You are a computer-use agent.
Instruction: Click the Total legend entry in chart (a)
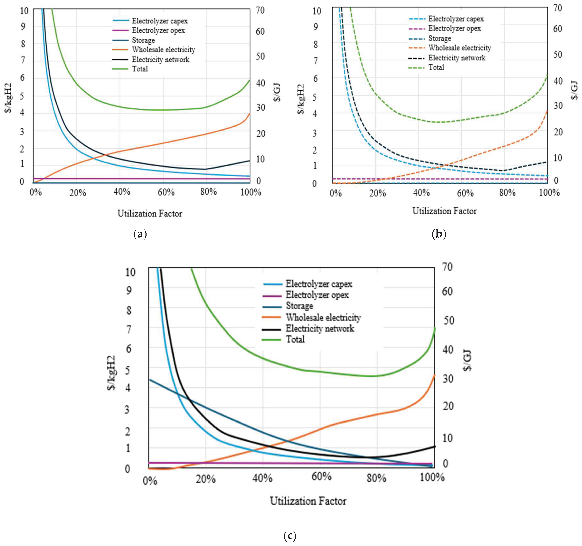point(140,69)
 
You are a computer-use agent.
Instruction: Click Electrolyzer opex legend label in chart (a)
point(158,30)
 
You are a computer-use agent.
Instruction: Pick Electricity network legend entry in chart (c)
point(320,328)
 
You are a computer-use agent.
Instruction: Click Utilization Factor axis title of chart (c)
point(308,501)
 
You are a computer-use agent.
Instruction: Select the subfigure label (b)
point(439,234)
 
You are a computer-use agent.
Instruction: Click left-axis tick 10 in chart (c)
point(130,272)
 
